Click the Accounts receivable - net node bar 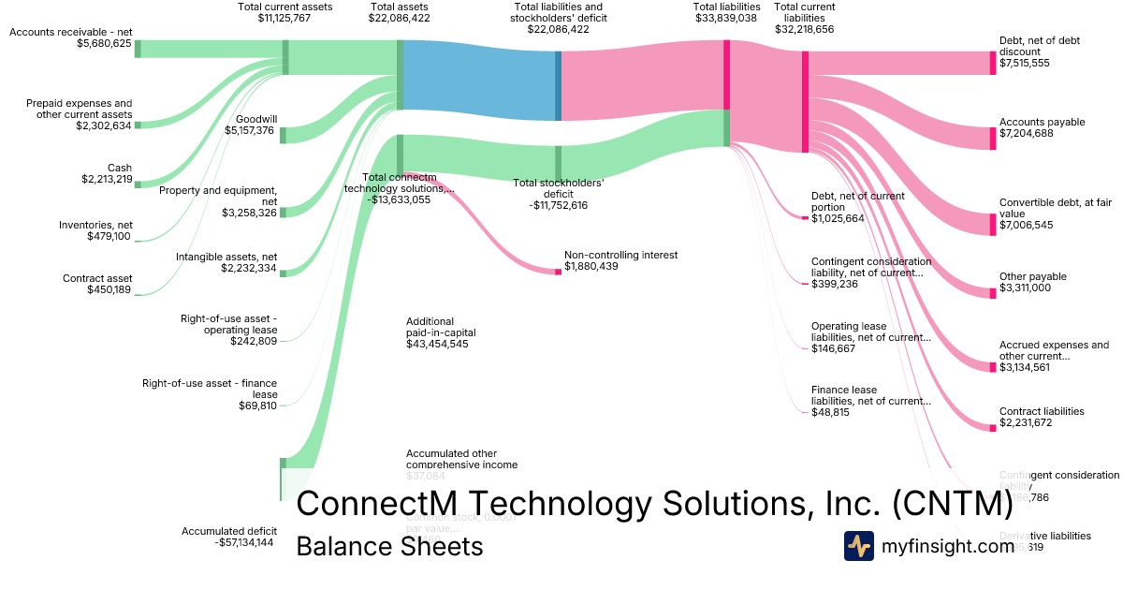(x=138, y=49)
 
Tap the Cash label (x=120, y=168)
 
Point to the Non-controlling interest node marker (x=559, y=272)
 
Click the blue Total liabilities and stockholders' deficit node (x=559, y=85)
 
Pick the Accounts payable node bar (x=993, y=139)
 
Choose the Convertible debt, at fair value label (x=1055, y=208)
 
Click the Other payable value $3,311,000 (x=1025, y=288)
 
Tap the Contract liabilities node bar (x=993, y=428)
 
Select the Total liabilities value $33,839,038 (x=725, y=18)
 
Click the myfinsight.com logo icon (x=859, y=546)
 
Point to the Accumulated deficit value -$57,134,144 (x=243, y=542)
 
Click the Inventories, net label (x=95, y=225)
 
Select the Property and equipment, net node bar (x=284, y=213)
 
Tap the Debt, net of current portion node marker (x=805, y=218)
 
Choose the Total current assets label (x=285, y=7)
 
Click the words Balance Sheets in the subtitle (x=389, y=547)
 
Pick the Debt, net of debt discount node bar (x=993, y=63)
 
